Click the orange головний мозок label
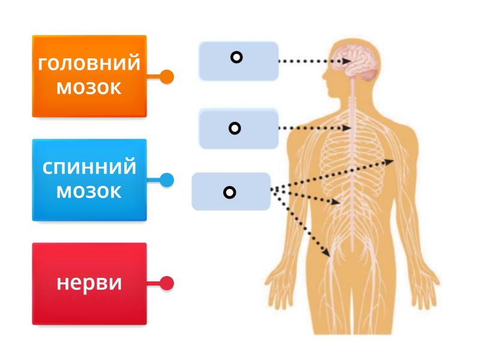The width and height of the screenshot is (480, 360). point(89,76)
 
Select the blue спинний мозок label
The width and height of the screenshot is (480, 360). point(89,180)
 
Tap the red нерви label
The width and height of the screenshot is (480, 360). point(89,283)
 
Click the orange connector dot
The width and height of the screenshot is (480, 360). point(167,77)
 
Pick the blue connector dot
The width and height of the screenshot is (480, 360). point(167,180)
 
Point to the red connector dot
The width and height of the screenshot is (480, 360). point(167,283)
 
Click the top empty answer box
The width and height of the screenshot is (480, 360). point(239,61)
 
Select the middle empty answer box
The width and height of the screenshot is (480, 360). point(239,129)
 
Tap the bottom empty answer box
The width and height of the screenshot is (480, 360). point(231,191)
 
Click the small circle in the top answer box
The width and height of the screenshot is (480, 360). point(236,58)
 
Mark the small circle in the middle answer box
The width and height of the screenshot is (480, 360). point(235,128)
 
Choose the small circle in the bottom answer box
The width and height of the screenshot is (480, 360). point(229,193)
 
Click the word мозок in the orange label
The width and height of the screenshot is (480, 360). point(89,88)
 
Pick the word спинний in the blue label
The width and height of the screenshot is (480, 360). point(89,167)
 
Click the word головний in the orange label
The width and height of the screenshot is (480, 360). point(89,64)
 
